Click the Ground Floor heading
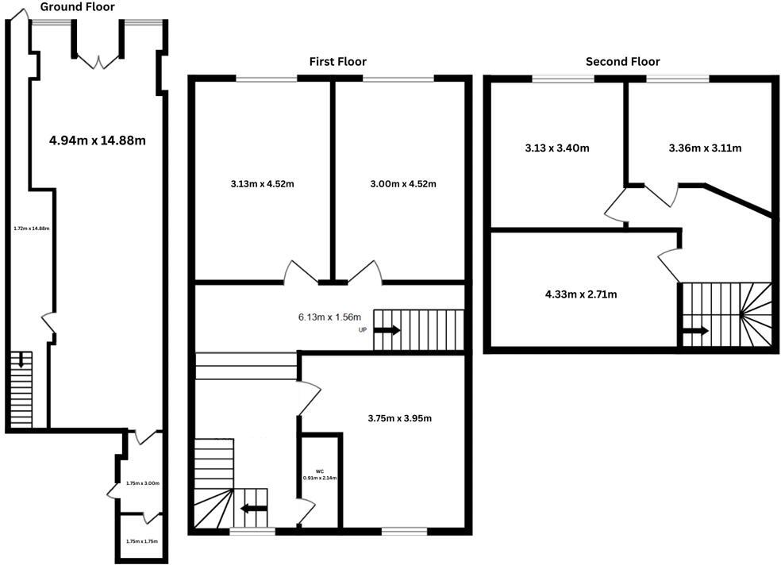[x=77, y=7]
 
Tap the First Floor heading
[x=338, y=62]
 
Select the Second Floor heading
[x=622, y=62]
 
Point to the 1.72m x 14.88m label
[x=32, y=229]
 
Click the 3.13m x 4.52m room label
[x=262, y=184]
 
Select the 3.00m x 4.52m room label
[x=403, y=184]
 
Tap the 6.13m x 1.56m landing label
[x=329, y=317]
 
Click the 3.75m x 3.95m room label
[x=399, y=418]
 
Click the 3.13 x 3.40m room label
[x=556, y=148]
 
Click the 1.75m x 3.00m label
[x=143, y=483]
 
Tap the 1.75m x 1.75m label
[x=142, y=541]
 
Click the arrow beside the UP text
[x=387, y=329]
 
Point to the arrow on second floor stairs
[x=696, y=332]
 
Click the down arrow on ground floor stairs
[x=21, y=362]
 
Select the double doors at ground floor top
[x=98, y=60]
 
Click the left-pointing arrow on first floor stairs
[x=254, y=509]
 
